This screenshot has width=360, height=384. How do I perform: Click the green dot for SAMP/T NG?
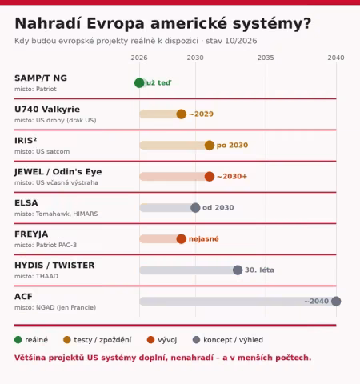139,83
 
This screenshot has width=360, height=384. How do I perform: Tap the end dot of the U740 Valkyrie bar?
182,114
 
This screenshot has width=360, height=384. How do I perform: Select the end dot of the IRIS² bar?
210,146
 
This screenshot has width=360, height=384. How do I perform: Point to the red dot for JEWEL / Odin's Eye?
210,177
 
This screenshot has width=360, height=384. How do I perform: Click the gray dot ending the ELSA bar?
195,208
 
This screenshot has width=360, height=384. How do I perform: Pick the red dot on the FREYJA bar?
182,239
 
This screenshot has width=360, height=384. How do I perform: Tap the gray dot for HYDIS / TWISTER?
238,270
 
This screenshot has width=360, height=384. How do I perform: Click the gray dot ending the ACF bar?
336,302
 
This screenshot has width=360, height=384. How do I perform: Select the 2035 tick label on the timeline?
266,58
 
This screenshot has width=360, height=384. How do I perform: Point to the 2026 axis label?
139,58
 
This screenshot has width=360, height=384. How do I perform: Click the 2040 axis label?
336,58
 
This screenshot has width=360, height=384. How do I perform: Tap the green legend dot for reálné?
18,340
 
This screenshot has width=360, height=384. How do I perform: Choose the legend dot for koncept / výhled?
196,340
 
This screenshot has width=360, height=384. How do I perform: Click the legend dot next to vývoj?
150,340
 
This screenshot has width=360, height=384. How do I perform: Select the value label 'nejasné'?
204,238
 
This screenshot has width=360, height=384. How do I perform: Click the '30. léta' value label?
259,270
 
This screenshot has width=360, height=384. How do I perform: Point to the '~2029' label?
202,114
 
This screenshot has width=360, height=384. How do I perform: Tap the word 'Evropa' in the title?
115,23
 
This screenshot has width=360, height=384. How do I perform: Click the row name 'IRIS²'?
26,140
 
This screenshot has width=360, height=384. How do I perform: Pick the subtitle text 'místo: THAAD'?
36,276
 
